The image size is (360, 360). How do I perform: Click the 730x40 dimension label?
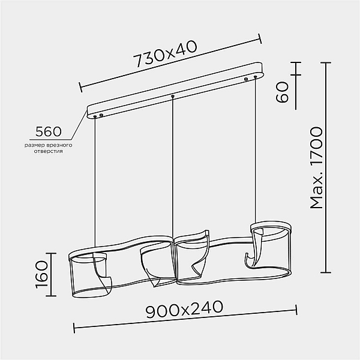click(x=165, y=54)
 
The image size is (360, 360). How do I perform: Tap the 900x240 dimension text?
click(x=184, y=309)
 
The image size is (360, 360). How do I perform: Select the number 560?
click(x=49, y=131)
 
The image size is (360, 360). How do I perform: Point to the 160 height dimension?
click(x=42, y=274)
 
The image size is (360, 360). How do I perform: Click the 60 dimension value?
click(x=282, y=92)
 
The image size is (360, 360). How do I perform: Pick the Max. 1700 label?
click(x=316, y=168)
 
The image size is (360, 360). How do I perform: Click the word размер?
click(x=35, y=146)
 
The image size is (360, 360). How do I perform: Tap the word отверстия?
click(x=48, y=151)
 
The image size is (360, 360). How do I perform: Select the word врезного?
click(x=59, y=145)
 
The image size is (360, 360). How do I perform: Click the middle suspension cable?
click(x=173, y=167)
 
